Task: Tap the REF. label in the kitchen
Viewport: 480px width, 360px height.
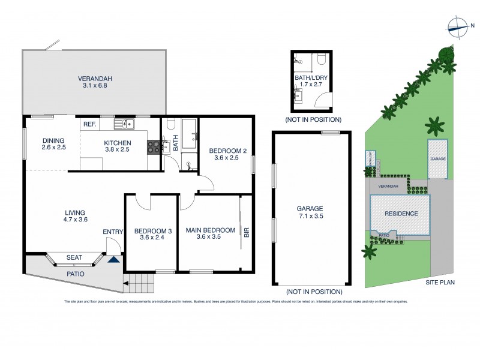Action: pyautogui.click(x=90, y=124)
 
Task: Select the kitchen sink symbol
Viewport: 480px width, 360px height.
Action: pyautogui.click(x=127, y=124)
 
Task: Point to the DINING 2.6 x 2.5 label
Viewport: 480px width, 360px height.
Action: pyautogui.click(x=53, y=145)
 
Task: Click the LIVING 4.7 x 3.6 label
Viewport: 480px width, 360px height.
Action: pyautogui.click(x=76, y=216)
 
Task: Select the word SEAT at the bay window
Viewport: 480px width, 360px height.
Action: pyautogui.click(x=74, y=257)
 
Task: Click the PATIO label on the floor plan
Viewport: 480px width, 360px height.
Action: pyautogui.click(x=75, y=274)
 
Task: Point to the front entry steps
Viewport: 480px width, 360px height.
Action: pyautogui.click(x=143, y=279)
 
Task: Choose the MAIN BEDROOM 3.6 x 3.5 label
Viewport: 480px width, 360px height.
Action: pyautogui.click(x=210, y=233)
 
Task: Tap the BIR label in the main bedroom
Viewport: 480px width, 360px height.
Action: pyautogui.click(x=246, y=230)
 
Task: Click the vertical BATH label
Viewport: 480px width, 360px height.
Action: pyautogui.click(x=176, y=145)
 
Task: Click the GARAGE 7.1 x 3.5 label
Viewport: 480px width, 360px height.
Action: pyautogui.click(x=310, y=212)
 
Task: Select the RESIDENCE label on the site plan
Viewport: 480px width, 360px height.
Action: pyautogui.click(x=401, y=214)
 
